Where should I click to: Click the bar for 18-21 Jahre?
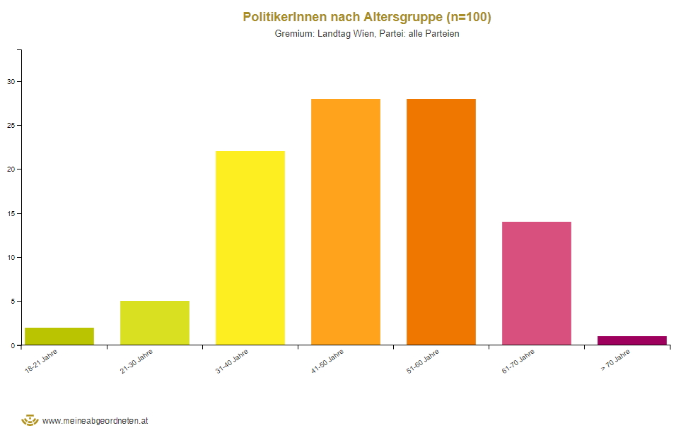click(59, 336)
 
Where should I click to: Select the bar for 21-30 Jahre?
click(155, 323)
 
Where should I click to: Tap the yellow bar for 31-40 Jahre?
click(250, 248)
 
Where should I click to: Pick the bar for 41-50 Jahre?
click(346, 222)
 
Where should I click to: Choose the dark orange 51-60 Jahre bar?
click(441, 222)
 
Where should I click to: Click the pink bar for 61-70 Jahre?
click(537, 283)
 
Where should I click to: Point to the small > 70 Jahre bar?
click(632, 340)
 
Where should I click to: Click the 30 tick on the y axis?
click(11, 81)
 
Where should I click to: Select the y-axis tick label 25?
click(11, 126)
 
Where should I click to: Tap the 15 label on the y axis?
click(11, 213)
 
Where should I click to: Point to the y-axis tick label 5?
click(12, 302)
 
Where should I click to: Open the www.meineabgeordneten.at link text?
click(95, 421)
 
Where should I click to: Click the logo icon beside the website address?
click(30, 420)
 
